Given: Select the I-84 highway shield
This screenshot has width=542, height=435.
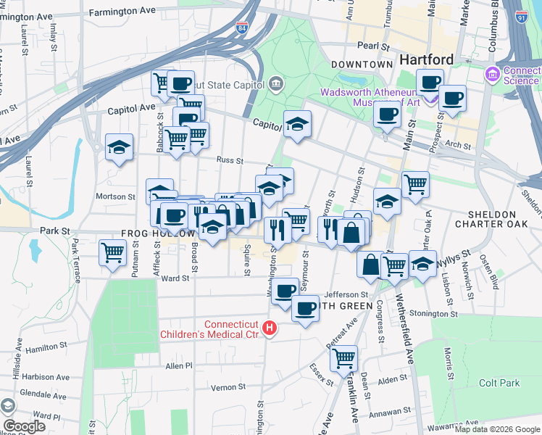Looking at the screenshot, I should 241,29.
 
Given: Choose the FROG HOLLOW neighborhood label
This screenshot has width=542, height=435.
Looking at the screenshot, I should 156,234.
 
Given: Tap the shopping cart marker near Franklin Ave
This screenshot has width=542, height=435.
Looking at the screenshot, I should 343,357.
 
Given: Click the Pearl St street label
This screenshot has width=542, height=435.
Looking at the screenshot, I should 374,45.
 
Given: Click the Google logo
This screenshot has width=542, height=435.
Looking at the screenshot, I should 24,426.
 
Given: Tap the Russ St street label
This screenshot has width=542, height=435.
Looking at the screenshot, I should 229,160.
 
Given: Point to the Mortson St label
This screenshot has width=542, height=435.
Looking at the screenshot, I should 116,196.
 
